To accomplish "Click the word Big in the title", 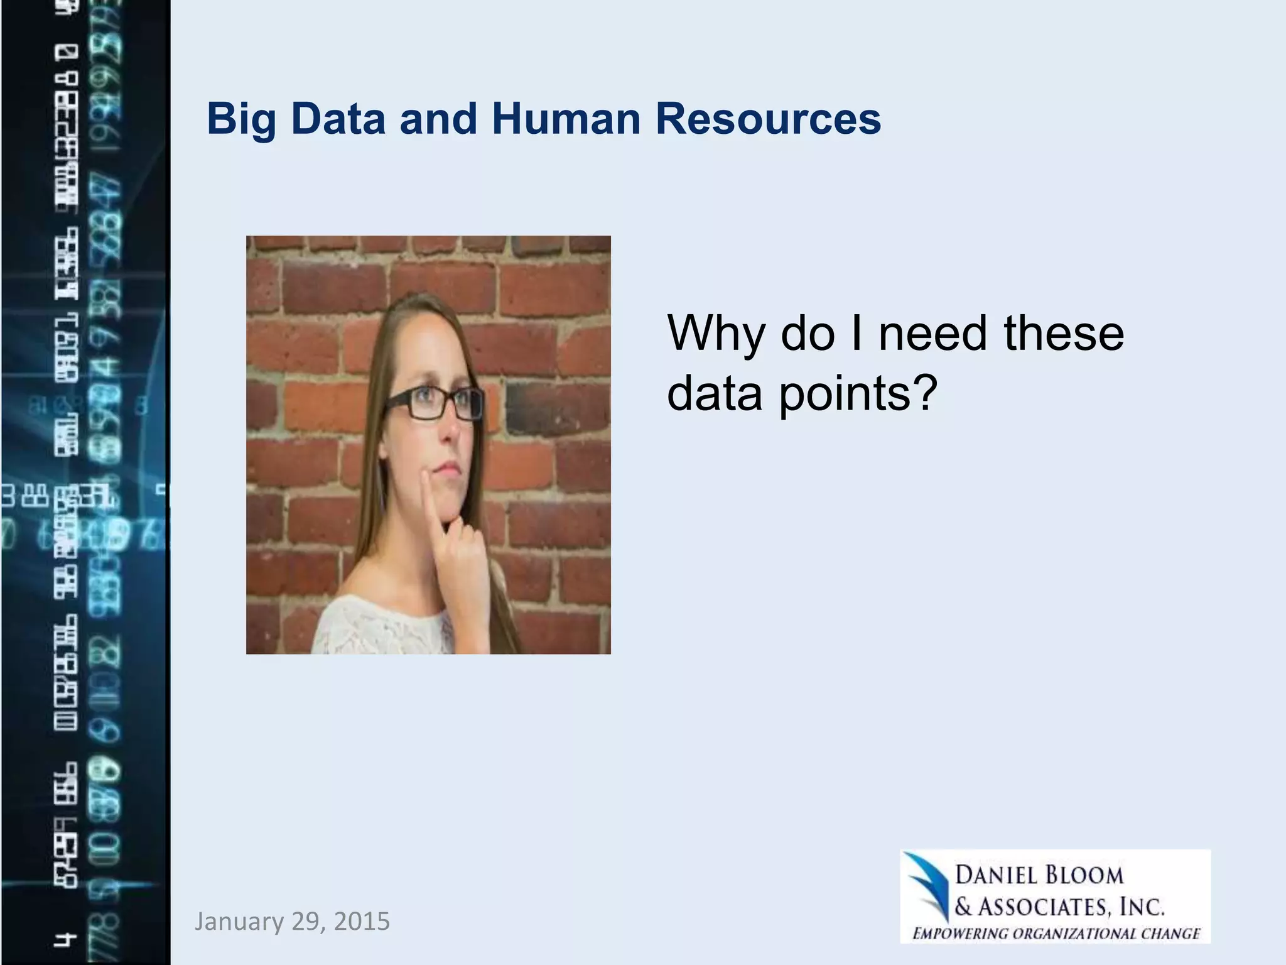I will pos(242,119).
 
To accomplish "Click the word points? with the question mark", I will pos(858,393).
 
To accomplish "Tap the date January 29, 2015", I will pos(292,922).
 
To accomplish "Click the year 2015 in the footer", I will pos(362,922).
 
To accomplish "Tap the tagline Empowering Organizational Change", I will pos(1056,934).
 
